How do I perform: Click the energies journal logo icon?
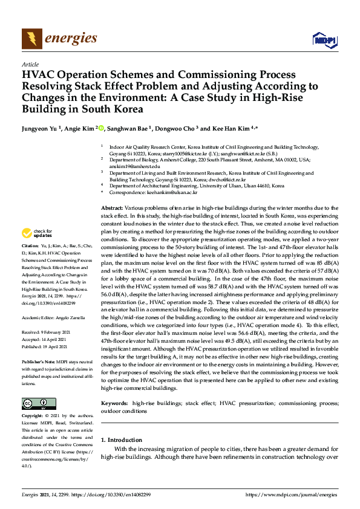pos(28,39)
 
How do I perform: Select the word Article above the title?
pos(30,65)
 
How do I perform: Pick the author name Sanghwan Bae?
pos(130,129)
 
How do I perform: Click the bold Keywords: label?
pos(114,403)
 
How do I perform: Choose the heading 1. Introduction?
pos(123,439)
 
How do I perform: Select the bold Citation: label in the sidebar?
pos(30,247)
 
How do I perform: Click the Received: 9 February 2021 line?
pos(45,315)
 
